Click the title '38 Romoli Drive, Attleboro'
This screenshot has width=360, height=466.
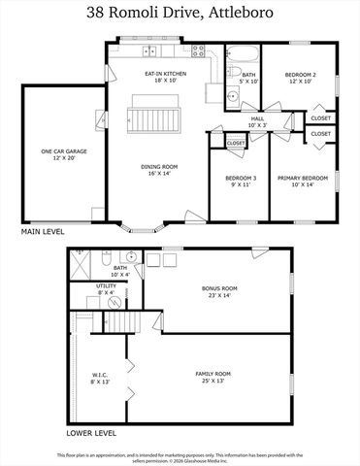click(180, 14)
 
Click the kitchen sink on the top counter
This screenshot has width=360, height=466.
click(150, 50)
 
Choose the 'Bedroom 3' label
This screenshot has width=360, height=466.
click(241, 182)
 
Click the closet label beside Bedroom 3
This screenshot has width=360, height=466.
click(236, 143)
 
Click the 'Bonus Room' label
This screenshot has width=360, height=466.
click(219, 291)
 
